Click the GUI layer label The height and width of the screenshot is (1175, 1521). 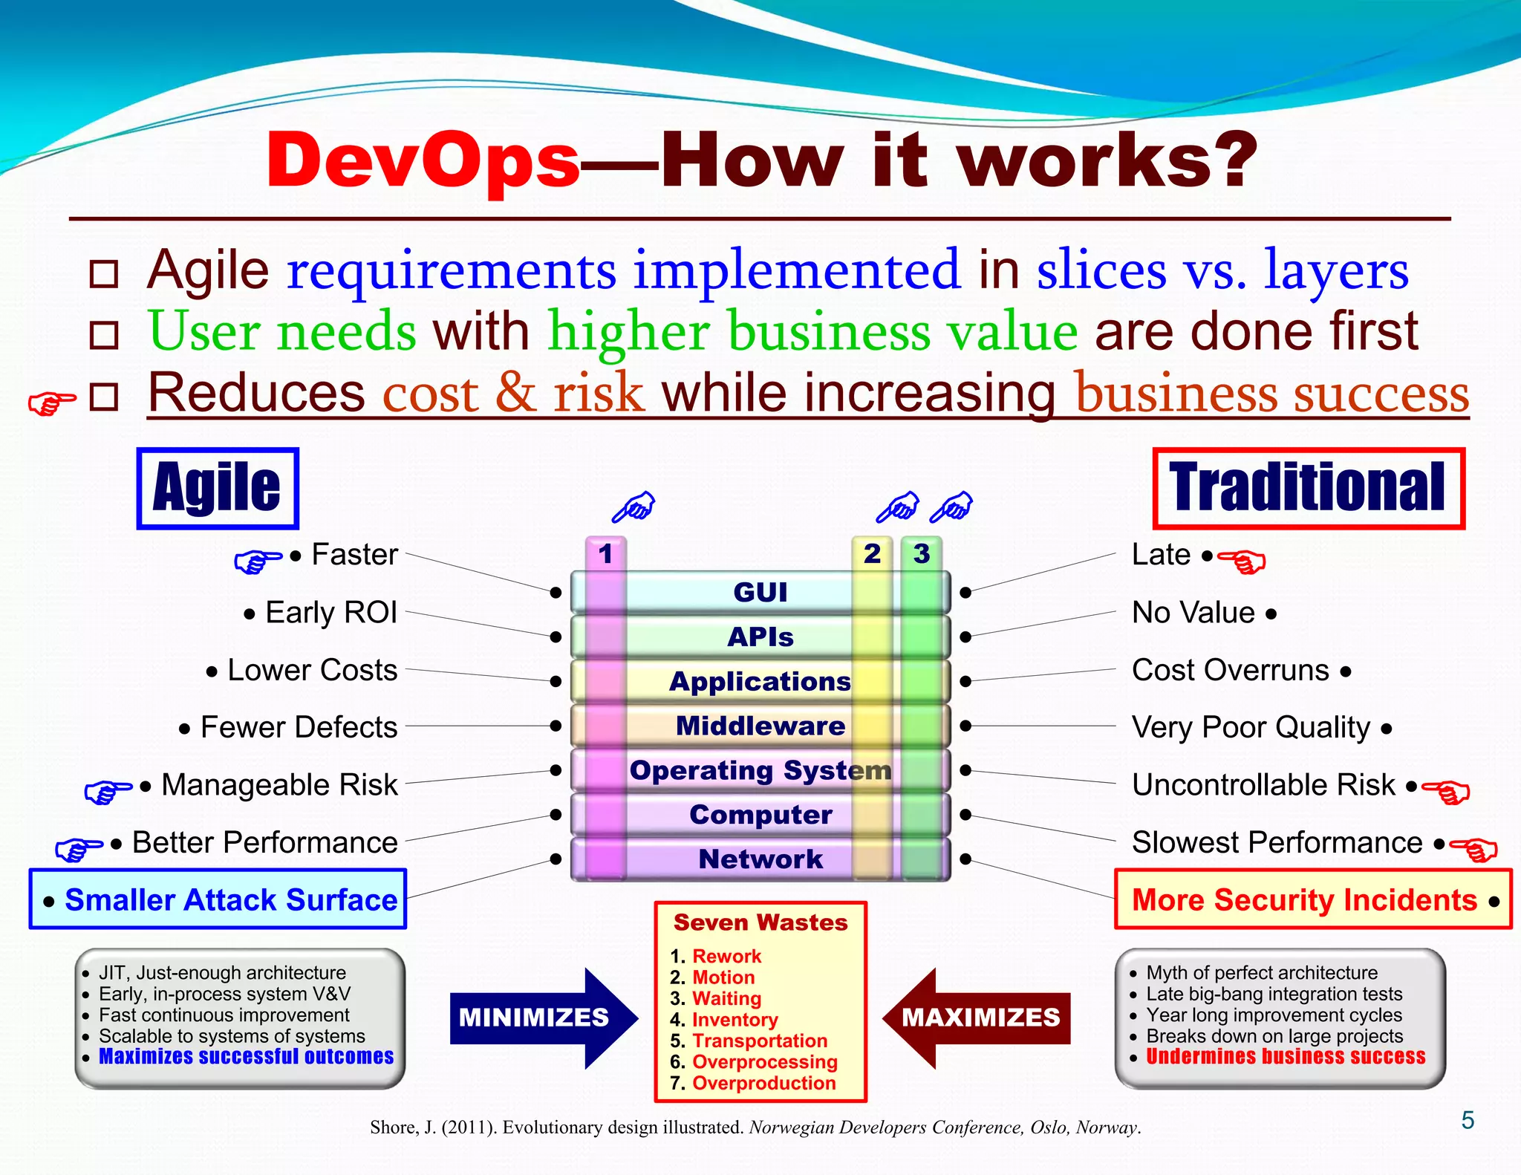pos(760,592)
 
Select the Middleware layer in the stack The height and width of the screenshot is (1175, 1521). pos(760,726)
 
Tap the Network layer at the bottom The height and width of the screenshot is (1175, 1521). pos(760,859)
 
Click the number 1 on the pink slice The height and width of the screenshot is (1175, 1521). pos(605,554)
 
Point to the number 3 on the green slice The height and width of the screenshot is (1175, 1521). pos(921,554)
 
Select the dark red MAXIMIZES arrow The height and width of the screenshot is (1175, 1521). pos(979,1018)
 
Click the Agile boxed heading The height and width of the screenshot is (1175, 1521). pos(217,488)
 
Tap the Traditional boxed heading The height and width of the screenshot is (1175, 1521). pos(1308,488)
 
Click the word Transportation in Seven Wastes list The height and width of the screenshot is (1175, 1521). pos(759,1041)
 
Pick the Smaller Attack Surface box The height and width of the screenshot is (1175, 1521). pos(218,899)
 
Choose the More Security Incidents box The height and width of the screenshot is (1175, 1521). pos(1312,899)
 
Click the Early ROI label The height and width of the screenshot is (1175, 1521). pos(330,613)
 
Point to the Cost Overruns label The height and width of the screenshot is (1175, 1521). pos(1231,670)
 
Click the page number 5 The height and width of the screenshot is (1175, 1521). pos(1468,1120)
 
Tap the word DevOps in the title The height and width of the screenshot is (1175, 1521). pos(423,160)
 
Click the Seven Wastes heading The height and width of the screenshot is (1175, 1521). pos(760,922)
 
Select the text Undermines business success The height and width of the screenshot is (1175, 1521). pos(1285,1056)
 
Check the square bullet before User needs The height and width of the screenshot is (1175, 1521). pos(104,335)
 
